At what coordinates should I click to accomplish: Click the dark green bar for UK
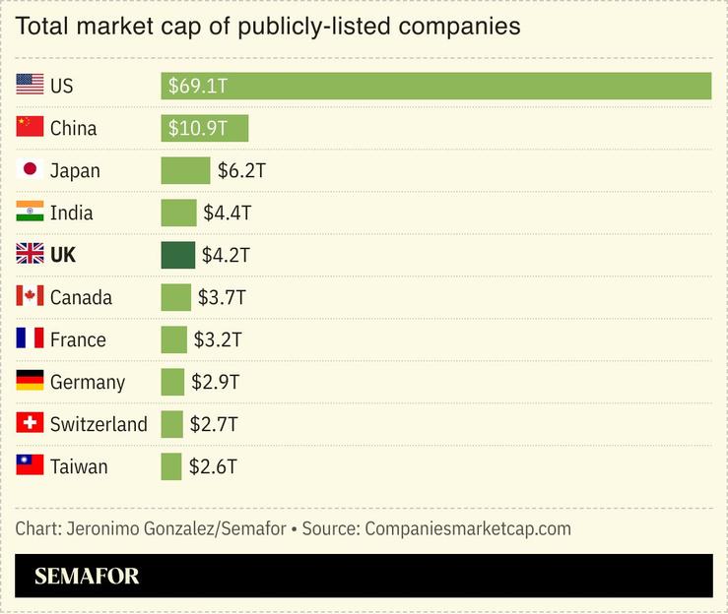[178, 255]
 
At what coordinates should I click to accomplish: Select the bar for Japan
[185, 170]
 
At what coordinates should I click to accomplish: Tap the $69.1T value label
[198, 86]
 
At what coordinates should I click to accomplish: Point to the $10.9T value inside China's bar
[198, 128]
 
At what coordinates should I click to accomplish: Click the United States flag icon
[30, 86]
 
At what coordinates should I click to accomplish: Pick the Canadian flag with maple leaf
[30, 296]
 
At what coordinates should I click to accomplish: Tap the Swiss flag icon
[30, 423]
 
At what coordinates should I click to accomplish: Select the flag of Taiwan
[30, 465]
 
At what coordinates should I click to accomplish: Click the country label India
[72, 213]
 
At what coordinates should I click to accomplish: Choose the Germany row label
[88, 382]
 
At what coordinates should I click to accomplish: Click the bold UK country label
[63, 255]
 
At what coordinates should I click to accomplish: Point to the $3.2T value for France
[218, 339]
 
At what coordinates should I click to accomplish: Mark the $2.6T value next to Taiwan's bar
[213, 466]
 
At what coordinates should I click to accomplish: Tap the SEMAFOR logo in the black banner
[87, 577]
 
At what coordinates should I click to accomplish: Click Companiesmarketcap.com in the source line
[468, 528]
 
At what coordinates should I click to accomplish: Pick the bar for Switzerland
[172, 424]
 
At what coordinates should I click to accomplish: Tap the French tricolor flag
[30, 338]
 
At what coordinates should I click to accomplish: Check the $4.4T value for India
[228, 213]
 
